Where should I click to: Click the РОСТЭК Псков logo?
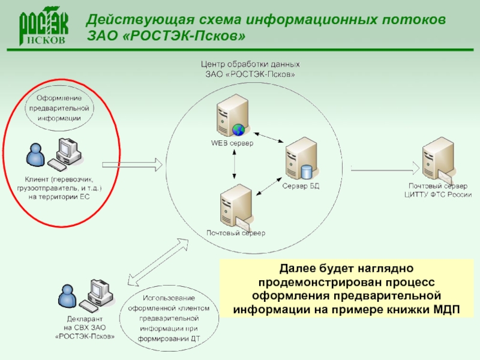point(44,27)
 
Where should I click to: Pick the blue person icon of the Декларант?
point(65,294)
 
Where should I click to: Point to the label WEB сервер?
point(232,143)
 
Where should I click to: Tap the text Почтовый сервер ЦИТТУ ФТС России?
point(437,190)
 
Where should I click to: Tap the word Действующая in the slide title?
point(128,20)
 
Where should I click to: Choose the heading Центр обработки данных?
point(250,64)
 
